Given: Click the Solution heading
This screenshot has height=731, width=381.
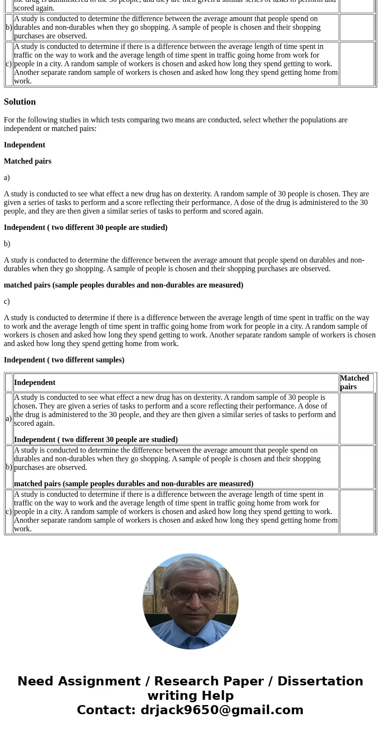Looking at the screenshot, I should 20,102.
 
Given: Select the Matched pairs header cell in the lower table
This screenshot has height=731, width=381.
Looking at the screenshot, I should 356,383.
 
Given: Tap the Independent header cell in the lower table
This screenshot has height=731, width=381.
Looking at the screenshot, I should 35,383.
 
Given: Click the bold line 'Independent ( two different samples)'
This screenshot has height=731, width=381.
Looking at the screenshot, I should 64,360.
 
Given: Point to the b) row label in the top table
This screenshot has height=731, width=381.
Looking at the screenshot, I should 9,27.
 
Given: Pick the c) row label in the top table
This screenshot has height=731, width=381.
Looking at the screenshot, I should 9,64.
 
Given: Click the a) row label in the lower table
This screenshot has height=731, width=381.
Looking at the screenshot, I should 9,419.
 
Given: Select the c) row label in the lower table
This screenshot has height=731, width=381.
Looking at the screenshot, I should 9,512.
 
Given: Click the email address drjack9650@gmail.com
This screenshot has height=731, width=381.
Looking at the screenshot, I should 222,710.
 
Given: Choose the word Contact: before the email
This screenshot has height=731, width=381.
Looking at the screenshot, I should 107,710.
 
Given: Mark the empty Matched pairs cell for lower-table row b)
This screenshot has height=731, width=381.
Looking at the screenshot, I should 356,467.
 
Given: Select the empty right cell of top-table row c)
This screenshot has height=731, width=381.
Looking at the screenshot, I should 356,64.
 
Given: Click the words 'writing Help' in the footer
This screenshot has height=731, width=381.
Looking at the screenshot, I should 190,696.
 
